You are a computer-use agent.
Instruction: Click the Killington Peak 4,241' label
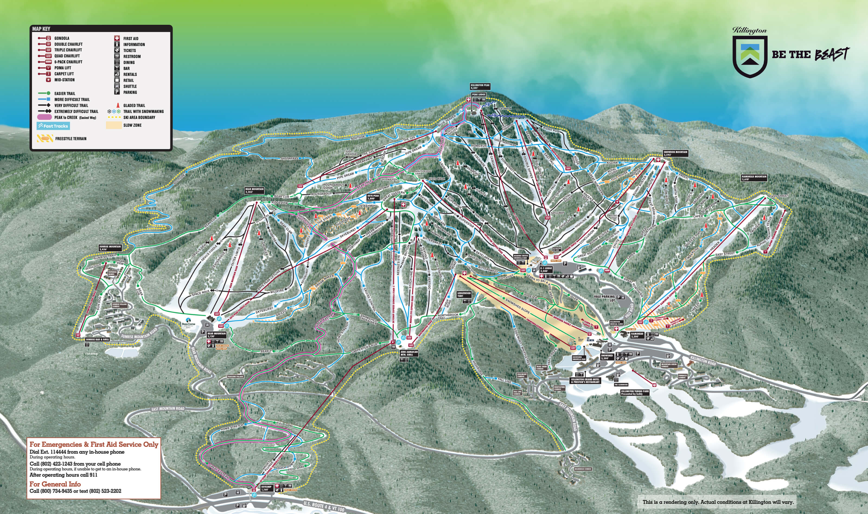click(480, 87)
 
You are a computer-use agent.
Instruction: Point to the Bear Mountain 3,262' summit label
click(254, 190)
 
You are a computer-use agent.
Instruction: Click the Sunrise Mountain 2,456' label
click(110, 248)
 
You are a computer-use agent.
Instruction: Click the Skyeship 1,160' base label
click(266, 488)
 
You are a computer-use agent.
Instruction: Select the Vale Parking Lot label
click(604, 298)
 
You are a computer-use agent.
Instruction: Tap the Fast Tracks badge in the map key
click(53, 126)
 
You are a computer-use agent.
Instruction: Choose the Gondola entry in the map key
click(62, 38)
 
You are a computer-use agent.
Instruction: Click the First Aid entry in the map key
click(130, 39)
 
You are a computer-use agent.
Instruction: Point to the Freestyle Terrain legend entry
click(71, 139)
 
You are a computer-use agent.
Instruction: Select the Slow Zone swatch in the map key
click(113, 125)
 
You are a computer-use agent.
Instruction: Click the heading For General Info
click(55, 484)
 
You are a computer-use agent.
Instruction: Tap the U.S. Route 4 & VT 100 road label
click(324, 506)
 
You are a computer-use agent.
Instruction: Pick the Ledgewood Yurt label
click(464, 294)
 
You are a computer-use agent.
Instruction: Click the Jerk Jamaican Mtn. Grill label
click(409, 353)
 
